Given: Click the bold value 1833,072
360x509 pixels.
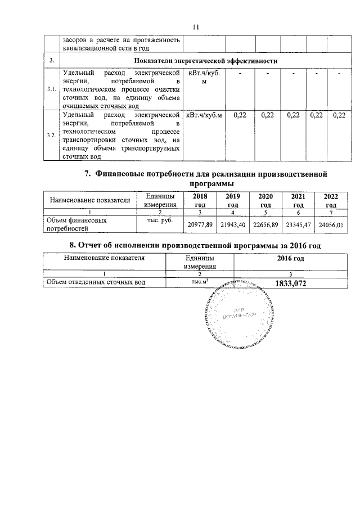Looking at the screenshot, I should (x=291, y=284).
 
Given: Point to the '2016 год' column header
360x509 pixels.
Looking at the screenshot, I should (x=290, y=259).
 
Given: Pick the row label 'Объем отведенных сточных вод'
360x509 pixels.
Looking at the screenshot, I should (x=96, y=283).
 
